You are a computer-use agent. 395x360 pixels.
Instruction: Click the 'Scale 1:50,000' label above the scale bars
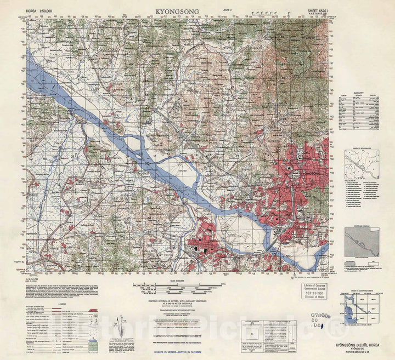[x=177, y=281]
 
